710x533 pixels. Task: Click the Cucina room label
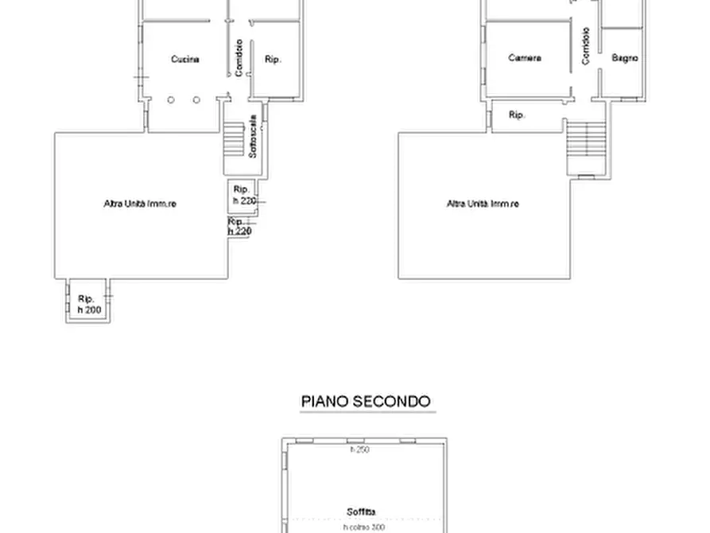point(184,59)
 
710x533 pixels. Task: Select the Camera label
point(525,58)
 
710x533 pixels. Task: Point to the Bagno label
point(625,58)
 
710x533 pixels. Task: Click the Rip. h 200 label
point(89,304)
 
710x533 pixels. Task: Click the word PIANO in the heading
point(324,401)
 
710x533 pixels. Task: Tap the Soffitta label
point(361,512)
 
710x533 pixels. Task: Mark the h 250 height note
point(360,450)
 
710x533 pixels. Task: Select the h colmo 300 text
point(363,527)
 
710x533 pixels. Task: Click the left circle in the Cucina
point(170,99)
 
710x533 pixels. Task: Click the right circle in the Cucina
point(196,99)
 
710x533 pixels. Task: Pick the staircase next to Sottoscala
point(233,139)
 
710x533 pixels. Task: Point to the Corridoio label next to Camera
point(585,46)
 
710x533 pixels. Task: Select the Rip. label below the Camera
point(517,115)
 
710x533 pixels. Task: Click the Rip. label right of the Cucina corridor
point(274,59)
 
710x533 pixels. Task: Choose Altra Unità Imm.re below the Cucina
point(140,204)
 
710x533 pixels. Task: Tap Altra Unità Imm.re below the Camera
point(483,204)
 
